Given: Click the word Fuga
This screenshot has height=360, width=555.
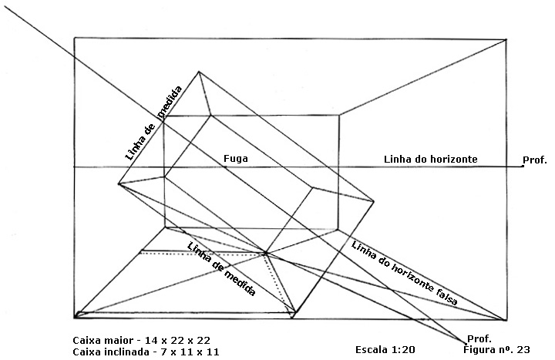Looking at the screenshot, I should click(235, 159).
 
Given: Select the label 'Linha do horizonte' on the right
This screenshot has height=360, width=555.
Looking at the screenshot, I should click(431, 160).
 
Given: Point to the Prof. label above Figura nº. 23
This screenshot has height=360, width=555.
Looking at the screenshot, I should click(479, 339).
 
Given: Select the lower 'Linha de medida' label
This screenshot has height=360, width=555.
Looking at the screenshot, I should click(221, 270).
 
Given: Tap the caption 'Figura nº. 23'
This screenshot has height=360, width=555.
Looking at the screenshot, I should click(496, 350).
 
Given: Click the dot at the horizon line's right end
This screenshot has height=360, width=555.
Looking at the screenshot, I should click(523, 167).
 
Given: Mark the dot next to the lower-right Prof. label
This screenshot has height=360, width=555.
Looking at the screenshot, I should click(466, 342).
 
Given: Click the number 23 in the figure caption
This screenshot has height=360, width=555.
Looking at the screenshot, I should click(523, 350).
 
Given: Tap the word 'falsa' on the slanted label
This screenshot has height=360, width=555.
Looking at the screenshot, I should click(446, 298).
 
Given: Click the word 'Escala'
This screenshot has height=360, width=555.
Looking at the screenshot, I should click(371, 350).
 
